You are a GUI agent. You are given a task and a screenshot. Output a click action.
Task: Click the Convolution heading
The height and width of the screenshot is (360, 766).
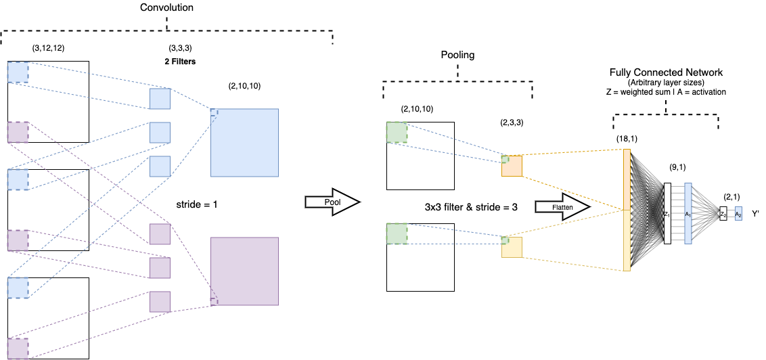tap(167, 9)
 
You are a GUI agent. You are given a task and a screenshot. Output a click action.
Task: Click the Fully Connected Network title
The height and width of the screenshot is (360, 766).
tap(666, 72)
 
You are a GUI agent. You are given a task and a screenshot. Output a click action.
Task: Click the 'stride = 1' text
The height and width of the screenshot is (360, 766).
tap(197, 202)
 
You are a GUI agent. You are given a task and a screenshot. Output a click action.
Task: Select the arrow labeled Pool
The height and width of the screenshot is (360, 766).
tap(331, 203)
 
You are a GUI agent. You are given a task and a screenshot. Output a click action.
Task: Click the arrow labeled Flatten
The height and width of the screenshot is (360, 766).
tap(561, 208)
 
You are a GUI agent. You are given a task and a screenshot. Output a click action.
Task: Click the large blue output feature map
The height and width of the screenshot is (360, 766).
tap(244, 143)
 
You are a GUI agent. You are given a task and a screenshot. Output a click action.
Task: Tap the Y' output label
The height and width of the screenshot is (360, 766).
tap(757, 213)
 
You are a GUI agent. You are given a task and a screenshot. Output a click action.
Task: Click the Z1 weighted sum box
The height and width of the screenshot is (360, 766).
tap(668, 213)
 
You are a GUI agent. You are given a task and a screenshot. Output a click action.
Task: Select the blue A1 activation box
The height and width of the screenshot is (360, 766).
tap(688, 213)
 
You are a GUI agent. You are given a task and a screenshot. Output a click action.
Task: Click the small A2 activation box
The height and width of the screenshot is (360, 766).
tap(738, 213)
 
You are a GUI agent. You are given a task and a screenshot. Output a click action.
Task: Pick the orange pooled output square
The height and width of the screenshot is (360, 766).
tap(512, 166)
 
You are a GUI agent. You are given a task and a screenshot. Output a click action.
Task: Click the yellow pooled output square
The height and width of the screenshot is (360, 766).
tap(512, 247)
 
